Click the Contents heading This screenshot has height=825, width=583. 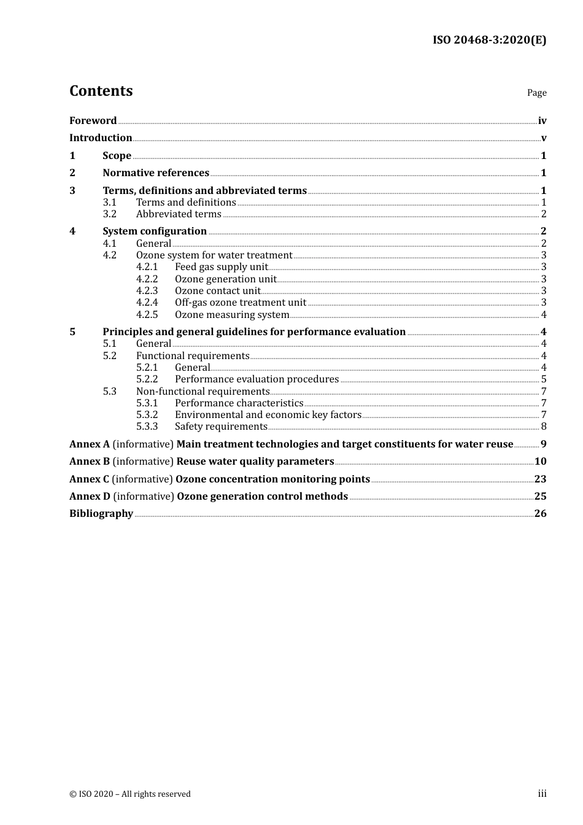101,91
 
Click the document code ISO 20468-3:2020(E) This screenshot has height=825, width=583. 489,40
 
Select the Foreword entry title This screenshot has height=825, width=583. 93,121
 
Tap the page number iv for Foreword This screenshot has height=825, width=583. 542,121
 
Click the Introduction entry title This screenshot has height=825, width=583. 101,138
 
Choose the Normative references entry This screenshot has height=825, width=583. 156,173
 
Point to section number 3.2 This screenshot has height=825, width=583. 109,214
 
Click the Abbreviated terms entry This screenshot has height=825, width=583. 179,214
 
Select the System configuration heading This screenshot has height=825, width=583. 155,231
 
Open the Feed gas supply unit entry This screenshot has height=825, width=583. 222,267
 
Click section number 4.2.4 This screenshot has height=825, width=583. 147,303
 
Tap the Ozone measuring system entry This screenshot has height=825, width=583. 232,315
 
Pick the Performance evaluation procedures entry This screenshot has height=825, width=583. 257,379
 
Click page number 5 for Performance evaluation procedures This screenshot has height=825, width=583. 544,379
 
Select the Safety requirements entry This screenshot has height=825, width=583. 221,427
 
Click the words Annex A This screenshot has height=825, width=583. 90,444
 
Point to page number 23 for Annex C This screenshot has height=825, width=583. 540,479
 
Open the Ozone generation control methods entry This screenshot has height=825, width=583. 262,497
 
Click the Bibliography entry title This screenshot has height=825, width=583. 101,514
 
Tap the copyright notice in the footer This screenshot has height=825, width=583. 130,794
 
